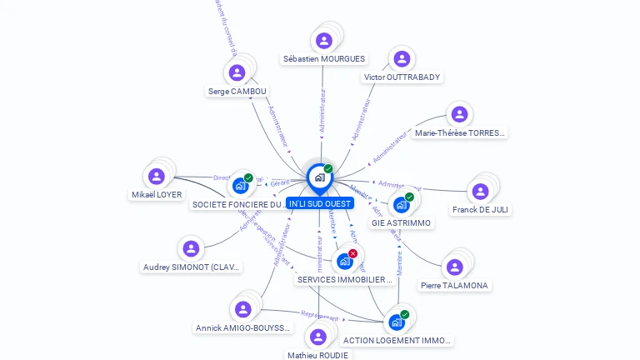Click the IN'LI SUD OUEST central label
pyautogui.click(x=321, y=203)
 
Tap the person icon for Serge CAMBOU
pyautogui.click(x=237, y=72)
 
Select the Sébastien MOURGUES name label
pyautogui.click(x=323, y=59)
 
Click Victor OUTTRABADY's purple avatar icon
pyautogui.click(x=402, y=59)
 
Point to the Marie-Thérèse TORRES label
pyautogui.click(x=459, y=132)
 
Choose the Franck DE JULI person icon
pyautogui.click(x=480, y=192)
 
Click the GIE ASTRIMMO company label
pyautogui.click(x=401, y=223)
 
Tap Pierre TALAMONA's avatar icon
pyautogui.click(x=454, y=267)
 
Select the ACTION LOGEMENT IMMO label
pyautogui.click(x=397, y=341)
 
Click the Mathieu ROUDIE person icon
pyautogui.click(x=317, y=337)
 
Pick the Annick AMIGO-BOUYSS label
pyautogui.click(x=242, y=328)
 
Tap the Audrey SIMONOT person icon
pyautogui.click(x=191, y=248)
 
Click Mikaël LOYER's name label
pyautogui.click(x=157, y=195)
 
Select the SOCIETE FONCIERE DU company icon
pyautogui.click(x=241, y=186)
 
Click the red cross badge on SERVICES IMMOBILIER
pyautogui.click(x=352, y=253)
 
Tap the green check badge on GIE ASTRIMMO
pyautogui.click(x=409, y=197)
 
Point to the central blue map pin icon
pyautogui.click(x=319, y=177)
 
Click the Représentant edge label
pyautogui.click(x=320, y=316)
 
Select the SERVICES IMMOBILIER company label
pyautogui.click(x=344, y=280)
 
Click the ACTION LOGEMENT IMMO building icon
pyautogui.click(x=397, y=322)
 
